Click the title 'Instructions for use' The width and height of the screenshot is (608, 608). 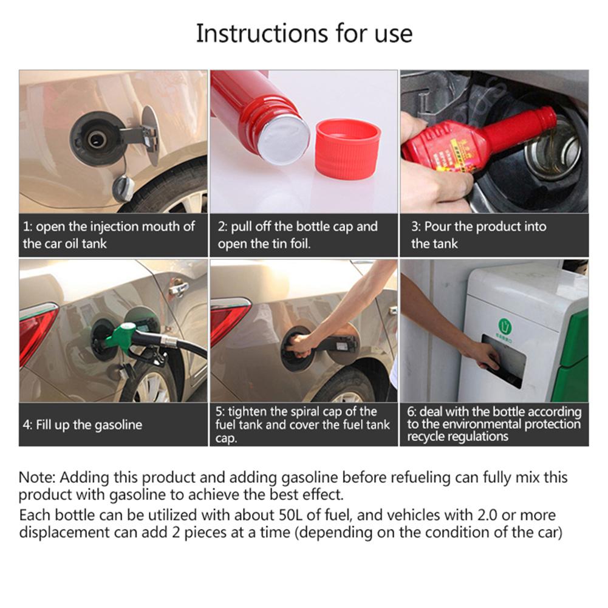[x=304, y=33]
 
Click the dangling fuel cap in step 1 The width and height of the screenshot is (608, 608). [x=123, y=188]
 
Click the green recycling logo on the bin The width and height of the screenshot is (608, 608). [x=505, y=326]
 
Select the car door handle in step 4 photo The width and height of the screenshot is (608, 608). [x=179, y=288]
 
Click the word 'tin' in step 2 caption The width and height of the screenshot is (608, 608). [x=274, y=244]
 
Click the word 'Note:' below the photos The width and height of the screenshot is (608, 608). [x=37, y=477]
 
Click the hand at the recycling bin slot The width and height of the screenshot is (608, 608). [x=483, y=354]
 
